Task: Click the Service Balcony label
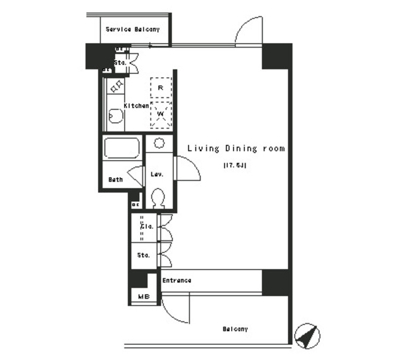(x=132, y=29)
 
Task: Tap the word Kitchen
(x=136, y=106)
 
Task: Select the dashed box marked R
(x=161, y=87)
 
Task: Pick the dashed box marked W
(x=161, y=115)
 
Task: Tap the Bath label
(x=115, y=179)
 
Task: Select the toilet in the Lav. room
(x=159, y=199)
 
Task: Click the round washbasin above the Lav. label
(x=159, y=142)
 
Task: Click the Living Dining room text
(x=235, y=149)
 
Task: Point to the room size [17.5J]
(x=234, y=166)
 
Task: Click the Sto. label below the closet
(x=144, y=256)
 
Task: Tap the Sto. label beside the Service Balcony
(x=120, y=63)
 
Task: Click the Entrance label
(x=177, y=280)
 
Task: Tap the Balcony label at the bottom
(x=235, y=329)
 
